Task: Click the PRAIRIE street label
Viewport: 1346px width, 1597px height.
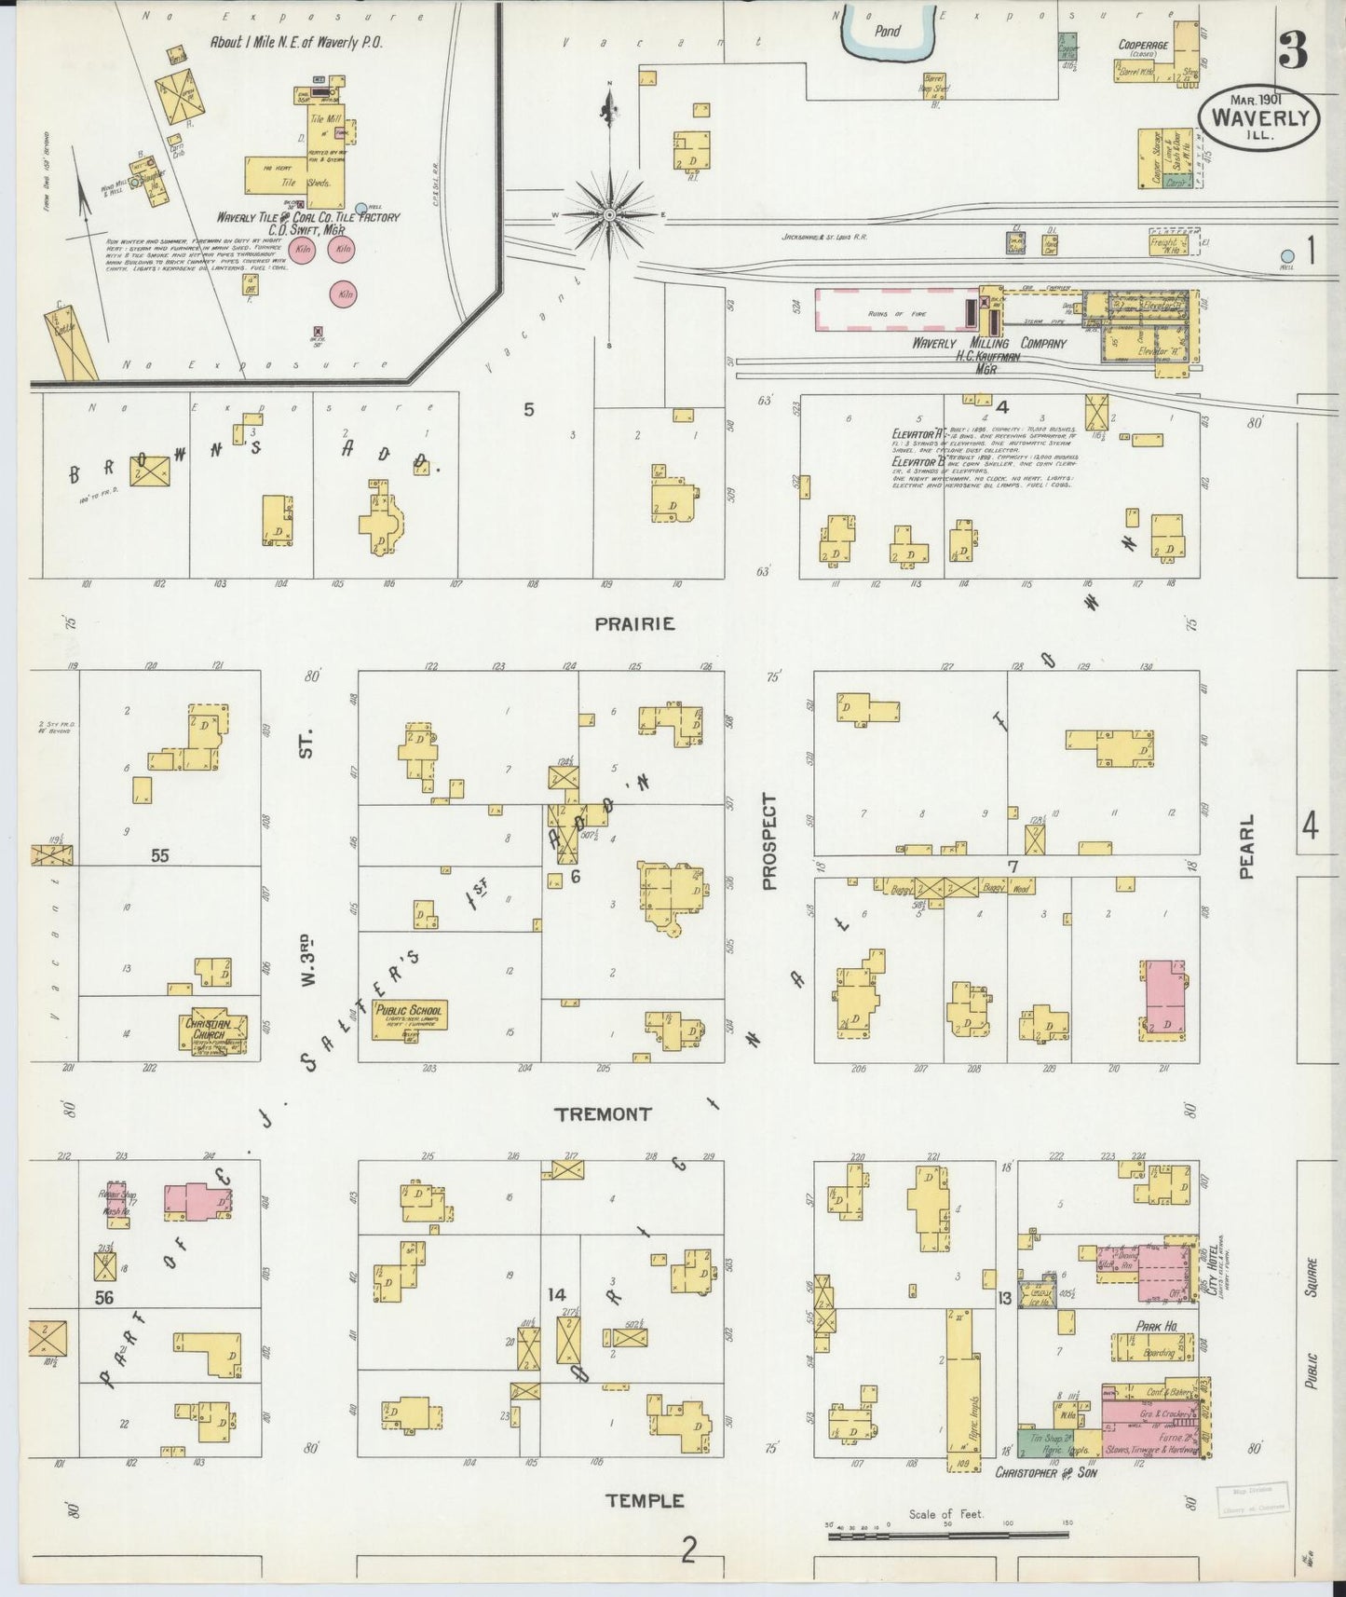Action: pyautogui.click(x=634, y=624)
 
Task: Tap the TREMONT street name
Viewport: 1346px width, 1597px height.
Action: pyautogui.click(x=603, y=1113)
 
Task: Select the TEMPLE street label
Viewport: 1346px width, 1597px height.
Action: pyautogui.click(x=645, y=1500)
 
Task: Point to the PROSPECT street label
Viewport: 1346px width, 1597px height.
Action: pyautogui.click(x=768, y=841)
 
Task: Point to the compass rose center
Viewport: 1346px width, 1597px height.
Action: pyautogui.click(x=609, y=215)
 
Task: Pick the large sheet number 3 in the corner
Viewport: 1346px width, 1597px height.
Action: pyautogui.click(x=1292, y=51)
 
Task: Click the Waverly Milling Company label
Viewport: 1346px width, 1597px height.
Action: pyautogui.click(x=988, y=343)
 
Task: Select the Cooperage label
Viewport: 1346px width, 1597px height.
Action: pyautogui.click(x=1144, y=44)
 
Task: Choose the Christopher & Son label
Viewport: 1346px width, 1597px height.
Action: pyautogui.click(x=1046, y=1473)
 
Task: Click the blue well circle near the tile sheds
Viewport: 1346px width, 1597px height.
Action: pyautogui.click(x=361, y=208)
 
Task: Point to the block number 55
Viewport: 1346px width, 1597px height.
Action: pyautogui.click(x=160, y=855)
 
